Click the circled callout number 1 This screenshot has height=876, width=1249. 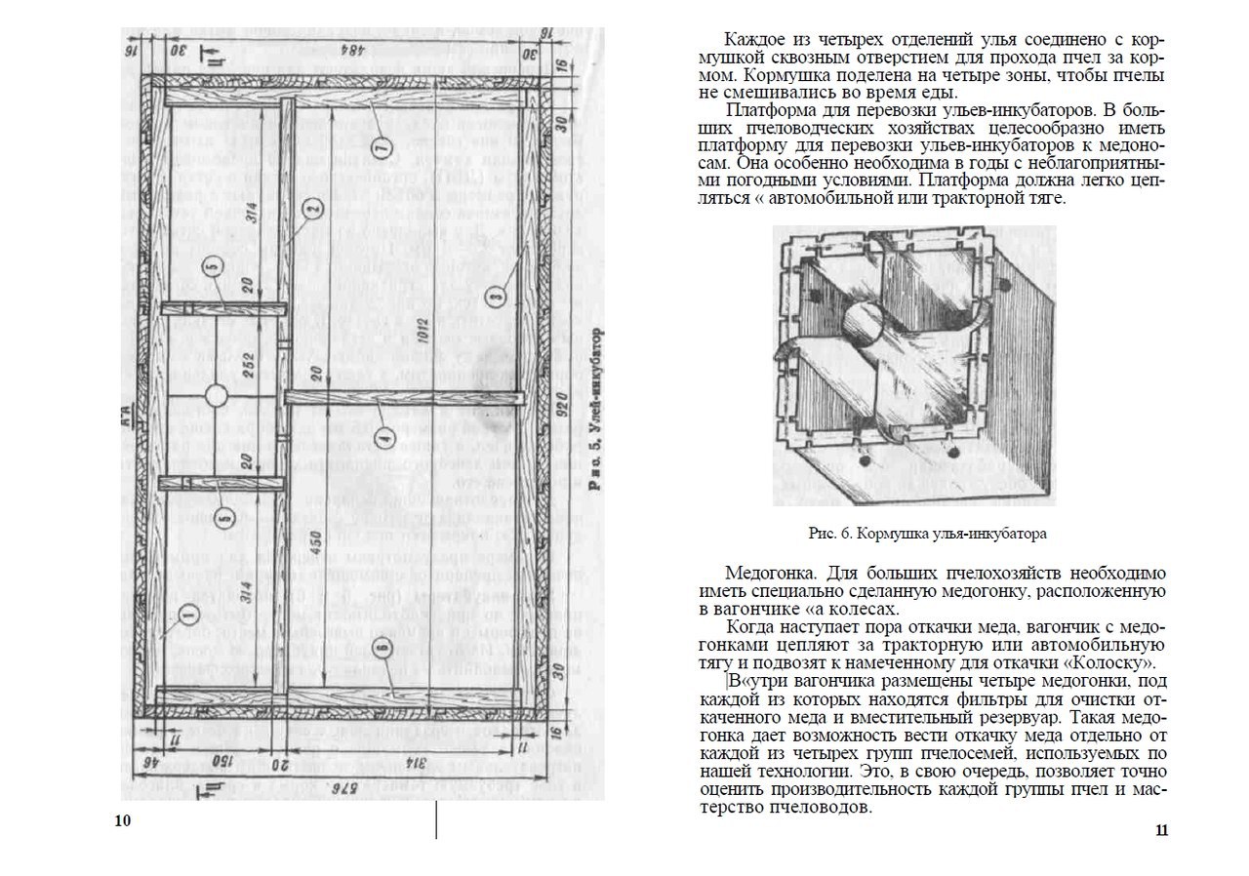pyautogui.click(x=188, y=615)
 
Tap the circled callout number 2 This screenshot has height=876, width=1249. pyautogui.click(x=312, y=209)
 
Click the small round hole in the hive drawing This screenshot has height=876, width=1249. pyautogui.click(x=217, y=395)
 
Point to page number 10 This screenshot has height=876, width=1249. pyautogui.click(x=122, y=819)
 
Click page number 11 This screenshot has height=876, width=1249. pyautogui.click(x=1161, y=830)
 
